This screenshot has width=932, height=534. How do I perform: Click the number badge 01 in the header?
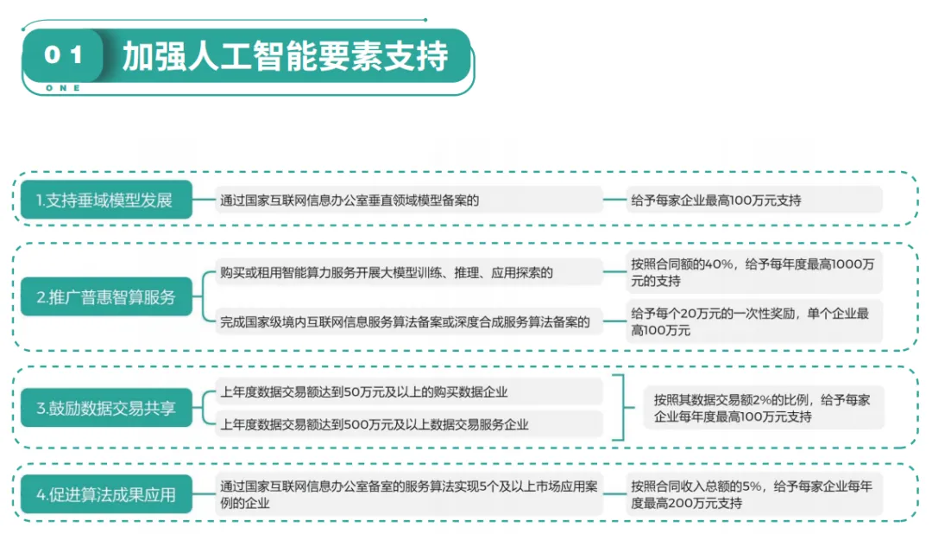point(63,55)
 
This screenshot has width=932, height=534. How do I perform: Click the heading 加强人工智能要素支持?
point(285,57)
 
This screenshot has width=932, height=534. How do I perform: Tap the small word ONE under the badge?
point(62,88)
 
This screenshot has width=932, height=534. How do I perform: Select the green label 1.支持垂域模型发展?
point(105,200)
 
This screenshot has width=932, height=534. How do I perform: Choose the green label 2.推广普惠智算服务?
point(105,297)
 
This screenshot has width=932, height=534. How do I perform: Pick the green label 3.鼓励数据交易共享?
point(105,408)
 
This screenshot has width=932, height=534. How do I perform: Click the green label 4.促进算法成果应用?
point(105,495)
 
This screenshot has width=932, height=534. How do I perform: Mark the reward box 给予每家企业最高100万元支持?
point(753,200)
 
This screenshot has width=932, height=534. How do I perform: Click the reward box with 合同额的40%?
point(753,272)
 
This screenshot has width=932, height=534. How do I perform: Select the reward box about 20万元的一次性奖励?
point(753,322)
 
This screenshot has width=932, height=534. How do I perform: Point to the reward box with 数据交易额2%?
point(763,408)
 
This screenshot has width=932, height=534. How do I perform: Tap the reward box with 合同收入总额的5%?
point(753,494)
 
